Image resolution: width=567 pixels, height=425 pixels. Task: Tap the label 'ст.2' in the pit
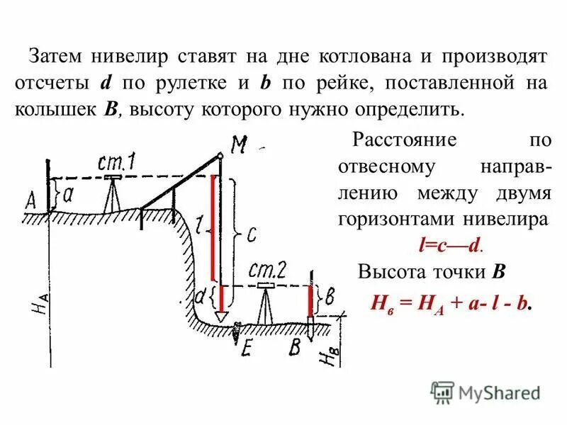coord(269,270)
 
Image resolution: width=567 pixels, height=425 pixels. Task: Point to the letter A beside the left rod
coord(31,201)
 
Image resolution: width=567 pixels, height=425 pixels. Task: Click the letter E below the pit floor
coord(247,348)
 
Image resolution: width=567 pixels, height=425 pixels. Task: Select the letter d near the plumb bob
coord(201,294)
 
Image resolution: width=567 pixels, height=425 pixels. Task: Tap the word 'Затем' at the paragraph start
coord(57,55)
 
